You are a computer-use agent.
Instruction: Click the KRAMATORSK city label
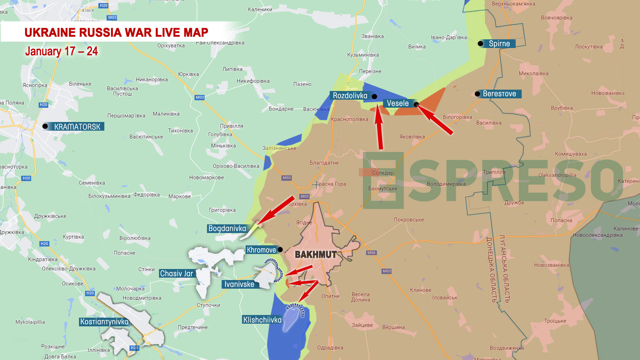(77, 127)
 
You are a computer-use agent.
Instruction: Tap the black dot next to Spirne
(480, 44)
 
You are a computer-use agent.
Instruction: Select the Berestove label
(499, 94)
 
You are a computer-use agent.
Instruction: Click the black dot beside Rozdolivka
(374, 97)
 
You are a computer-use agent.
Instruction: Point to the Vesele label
(397, 103)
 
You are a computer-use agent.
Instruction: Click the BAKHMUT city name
(315, 255)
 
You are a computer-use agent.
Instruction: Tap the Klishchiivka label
(262, 320)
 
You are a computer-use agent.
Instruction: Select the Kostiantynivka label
(104, 322)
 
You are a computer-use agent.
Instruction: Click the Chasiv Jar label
(176, 274)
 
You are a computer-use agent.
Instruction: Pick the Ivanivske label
(239, 284)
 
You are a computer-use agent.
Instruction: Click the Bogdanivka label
(227, 229)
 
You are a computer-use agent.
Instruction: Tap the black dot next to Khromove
(280, 250)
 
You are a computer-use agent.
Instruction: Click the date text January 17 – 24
(61, 51)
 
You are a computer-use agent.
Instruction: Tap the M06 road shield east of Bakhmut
(371, 253)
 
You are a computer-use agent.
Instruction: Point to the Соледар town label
(383, 173)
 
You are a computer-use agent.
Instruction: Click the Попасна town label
(561, 220)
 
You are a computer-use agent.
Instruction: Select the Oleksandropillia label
(557, 175)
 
